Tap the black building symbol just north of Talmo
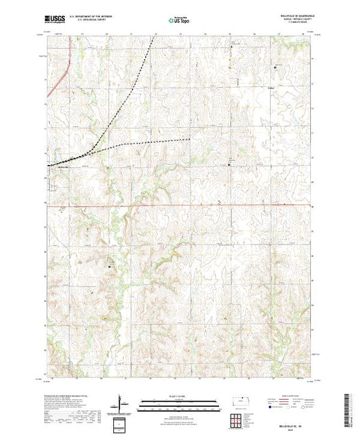coord(276,67)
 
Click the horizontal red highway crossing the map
coord(207,204)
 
